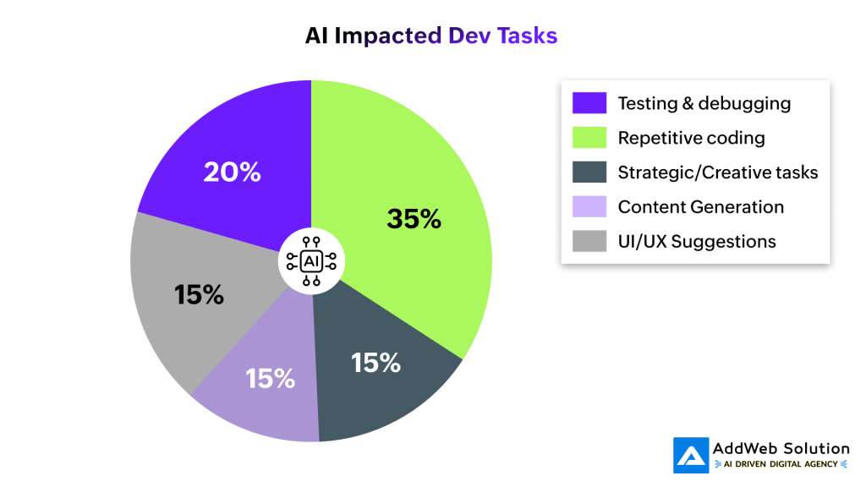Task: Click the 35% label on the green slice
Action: point(414,219)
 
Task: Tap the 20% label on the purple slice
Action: point(232,172)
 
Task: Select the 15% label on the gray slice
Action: point(199,294)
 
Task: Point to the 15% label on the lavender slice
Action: point(271,378)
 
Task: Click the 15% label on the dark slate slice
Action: point(375,363)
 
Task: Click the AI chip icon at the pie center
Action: point(311,260)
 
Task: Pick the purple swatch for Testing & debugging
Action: point(589,103)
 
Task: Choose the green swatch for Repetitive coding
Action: point(589,138)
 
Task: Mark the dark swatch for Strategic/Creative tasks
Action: point(589,172)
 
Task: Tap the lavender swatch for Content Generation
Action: point(589,207)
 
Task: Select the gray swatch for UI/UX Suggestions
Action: point(589,242)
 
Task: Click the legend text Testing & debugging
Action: point(704,103)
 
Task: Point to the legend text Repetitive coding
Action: point(691,138)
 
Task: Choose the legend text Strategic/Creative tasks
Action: point(718,172)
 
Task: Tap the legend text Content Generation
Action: point(701,207)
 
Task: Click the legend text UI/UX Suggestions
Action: point(697,242)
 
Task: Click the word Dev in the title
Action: point(469,36)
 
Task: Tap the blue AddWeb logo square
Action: point(691,455)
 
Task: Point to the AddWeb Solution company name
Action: point(781,448)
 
